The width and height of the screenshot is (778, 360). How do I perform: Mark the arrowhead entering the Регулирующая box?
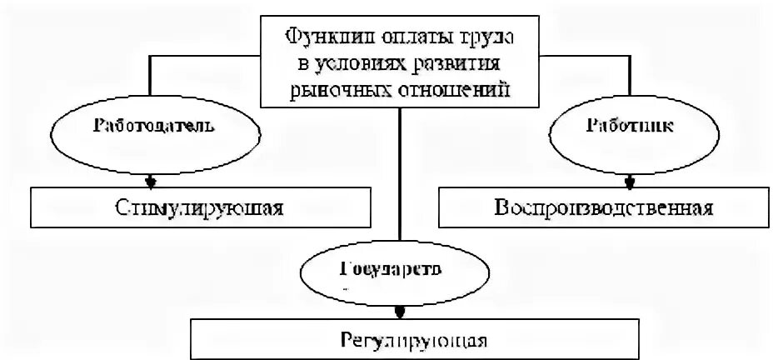(x=400, y=313)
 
